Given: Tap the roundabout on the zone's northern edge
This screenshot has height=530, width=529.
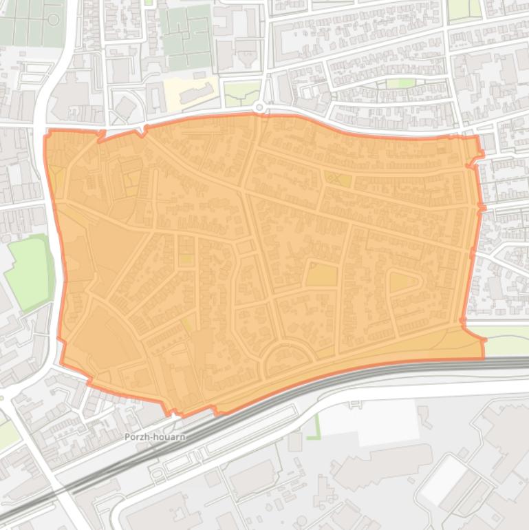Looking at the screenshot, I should (259, 107).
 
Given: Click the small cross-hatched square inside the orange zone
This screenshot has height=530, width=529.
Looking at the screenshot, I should (338, 180).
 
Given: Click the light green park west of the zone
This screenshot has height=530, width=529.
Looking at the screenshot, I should (29, 271).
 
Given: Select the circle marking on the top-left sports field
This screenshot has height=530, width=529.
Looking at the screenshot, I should (53, 19).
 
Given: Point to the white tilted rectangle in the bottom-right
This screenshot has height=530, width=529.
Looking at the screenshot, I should (444, 479).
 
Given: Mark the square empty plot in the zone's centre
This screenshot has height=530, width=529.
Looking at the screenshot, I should (321, 274).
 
